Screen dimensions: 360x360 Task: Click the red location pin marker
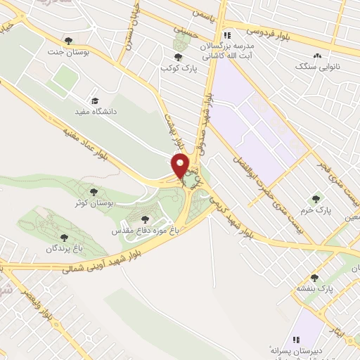click(181, 166)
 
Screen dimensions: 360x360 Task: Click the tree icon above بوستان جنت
click(68, 40)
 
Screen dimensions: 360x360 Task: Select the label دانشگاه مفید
click(96, 111)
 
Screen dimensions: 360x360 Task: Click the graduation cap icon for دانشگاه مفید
click(96, 101)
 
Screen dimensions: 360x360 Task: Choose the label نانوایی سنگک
click(316, 67)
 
